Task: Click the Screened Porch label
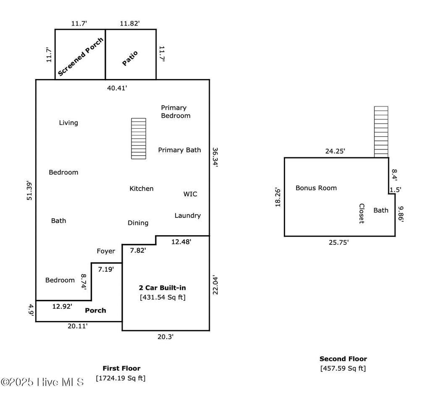[x=81, y=56]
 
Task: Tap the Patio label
[x=130, y=58]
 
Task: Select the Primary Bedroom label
[x=176, y=111]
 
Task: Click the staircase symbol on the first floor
[x=139, y=138]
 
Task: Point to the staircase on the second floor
[x=381, y=132]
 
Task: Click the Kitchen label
[x=142, y=188]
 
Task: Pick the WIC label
[x=190, y=194]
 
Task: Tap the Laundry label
[x=188, y=216]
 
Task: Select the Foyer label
[x=106, y=251]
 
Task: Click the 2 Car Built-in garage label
[x=163, y=288]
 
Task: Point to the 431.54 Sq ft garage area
[x=163, y=297]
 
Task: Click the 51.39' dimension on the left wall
[x=29, y=191]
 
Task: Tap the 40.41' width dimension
[x=117, y=88]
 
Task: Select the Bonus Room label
[x=316, y=188]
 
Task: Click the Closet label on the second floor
[x=362, y=214]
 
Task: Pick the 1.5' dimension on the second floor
[x=396, y=190]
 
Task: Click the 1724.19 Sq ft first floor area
[x=121, y=378]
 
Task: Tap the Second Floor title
[x=343, y=359]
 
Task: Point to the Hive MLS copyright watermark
[x=42, y=382]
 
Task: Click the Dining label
[x=138, y=223]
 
